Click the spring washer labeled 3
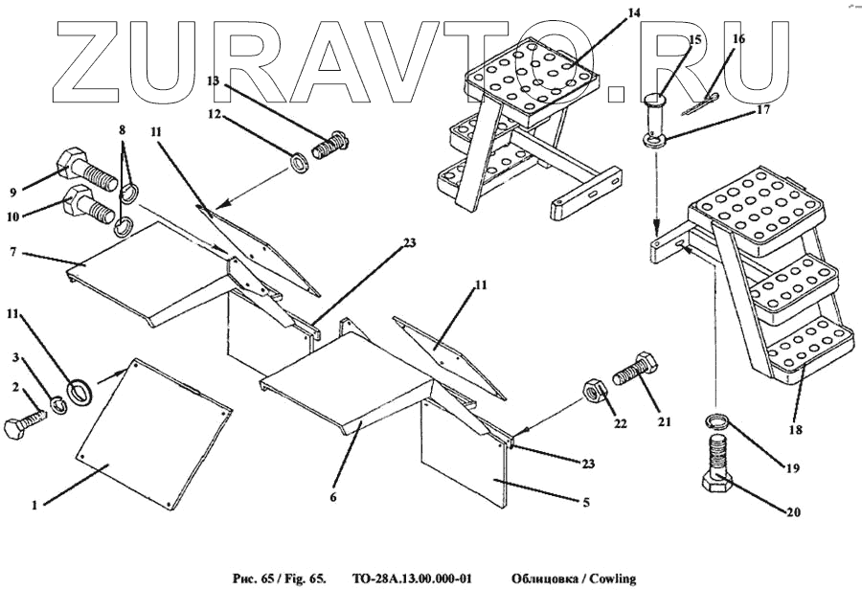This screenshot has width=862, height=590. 57,406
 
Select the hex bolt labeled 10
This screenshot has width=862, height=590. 85,204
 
